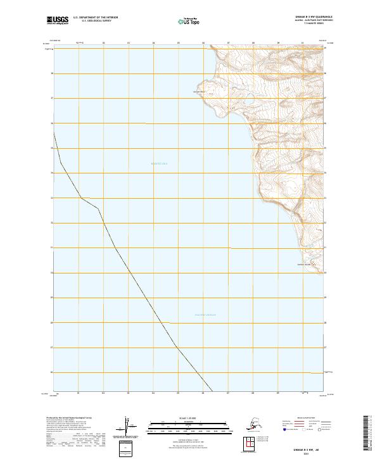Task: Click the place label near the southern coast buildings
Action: (x=302, y=265)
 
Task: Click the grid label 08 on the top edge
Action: (x=253, y=44)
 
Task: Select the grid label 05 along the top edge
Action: (x=179, y=44)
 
